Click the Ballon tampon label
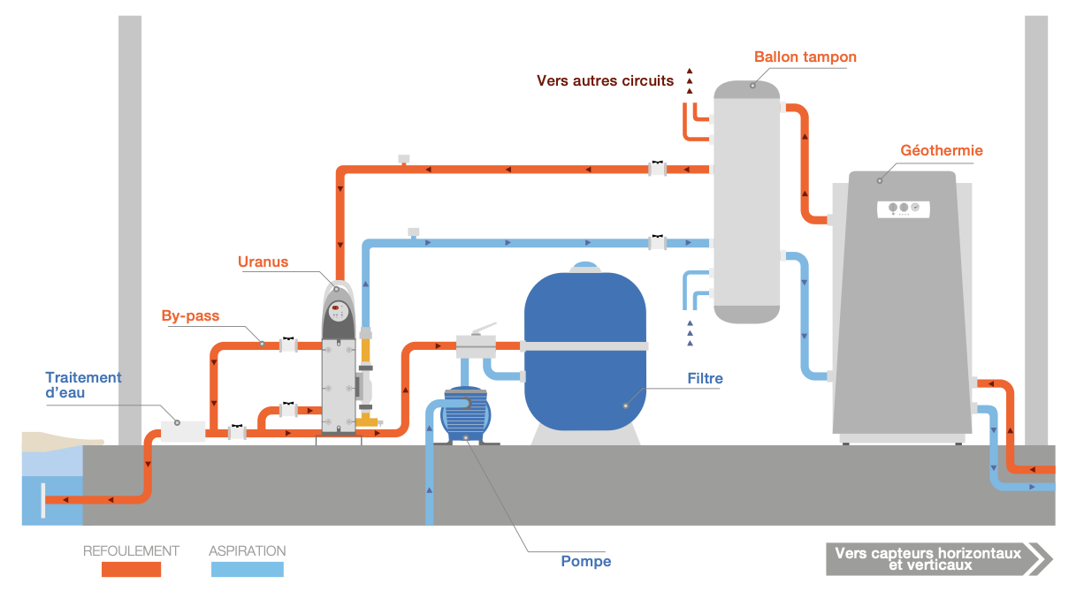coord(805,57)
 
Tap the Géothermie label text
coord(942,151)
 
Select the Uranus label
coord(263,262)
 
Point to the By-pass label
coord(190,315)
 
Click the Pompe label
coord(585,561)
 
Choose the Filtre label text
coord(705,379)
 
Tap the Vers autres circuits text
coord(605,80)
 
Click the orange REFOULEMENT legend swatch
coord(131,570)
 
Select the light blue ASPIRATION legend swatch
coord(248,570)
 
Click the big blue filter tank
coord(584,353)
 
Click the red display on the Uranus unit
coord(337,307)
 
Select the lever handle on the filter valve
coord(484,329)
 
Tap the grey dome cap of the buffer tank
coord(747,88)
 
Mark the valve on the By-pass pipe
coord(288,345)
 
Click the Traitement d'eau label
coord(83,384)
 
